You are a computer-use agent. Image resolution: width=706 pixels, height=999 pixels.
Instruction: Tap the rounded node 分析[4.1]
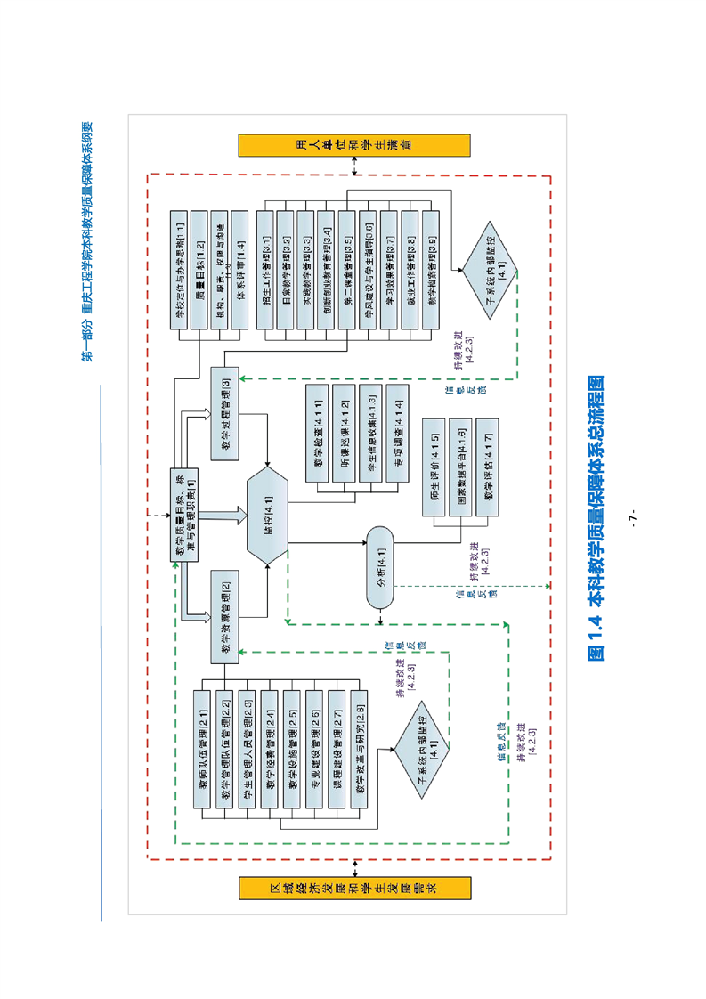click(x=379, y=570)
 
